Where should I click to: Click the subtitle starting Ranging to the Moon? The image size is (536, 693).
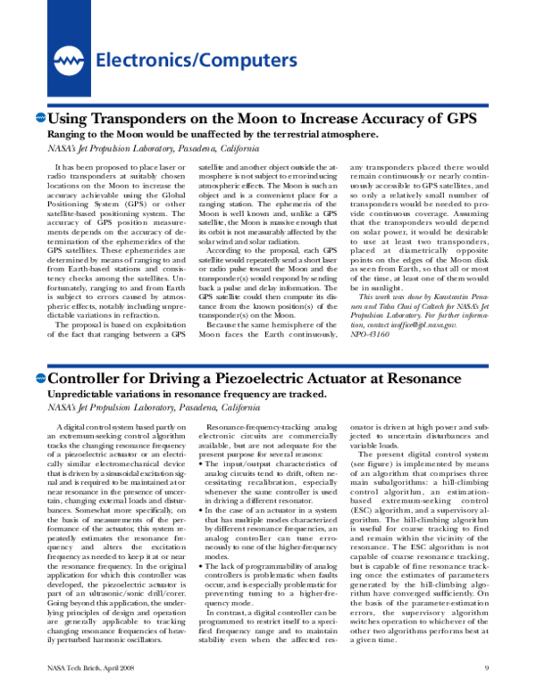214,135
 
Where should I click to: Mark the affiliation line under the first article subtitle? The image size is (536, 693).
153,148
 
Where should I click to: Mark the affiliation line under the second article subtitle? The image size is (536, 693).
153,407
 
